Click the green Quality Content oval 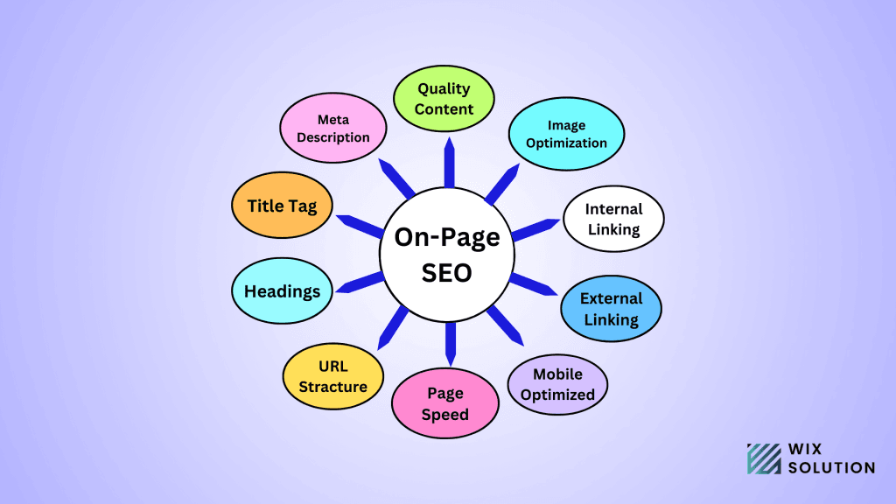pos(444,98)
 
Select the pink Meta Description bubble pos(333,128)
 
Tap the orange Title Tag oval pos(282,205)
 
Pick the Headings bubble pos(282,290)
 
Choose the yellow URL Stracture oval pos(333,376)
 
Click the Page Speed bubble pos(445,403)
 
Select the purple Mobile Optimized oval pos(557,384)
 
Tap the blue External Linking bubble pos(612,309)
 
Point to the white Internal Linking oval pos(613,219)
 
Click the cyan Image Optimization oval pos(567,134)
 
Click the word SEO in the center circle pos(447,273)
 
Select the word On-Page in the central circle pos(447,237)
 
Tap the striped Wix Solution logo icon pos(764,458)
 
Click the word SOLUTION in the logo pos(831,467)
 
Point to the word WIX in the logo pos(805,449)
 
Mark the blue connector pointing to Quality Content pos(450,162)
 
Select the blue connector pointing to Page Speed pos(451,344)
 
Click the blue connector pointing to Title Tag pos(360,227)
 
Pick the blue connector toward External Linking pos(533,284)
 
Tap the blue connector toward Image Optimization pos(502,184)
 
